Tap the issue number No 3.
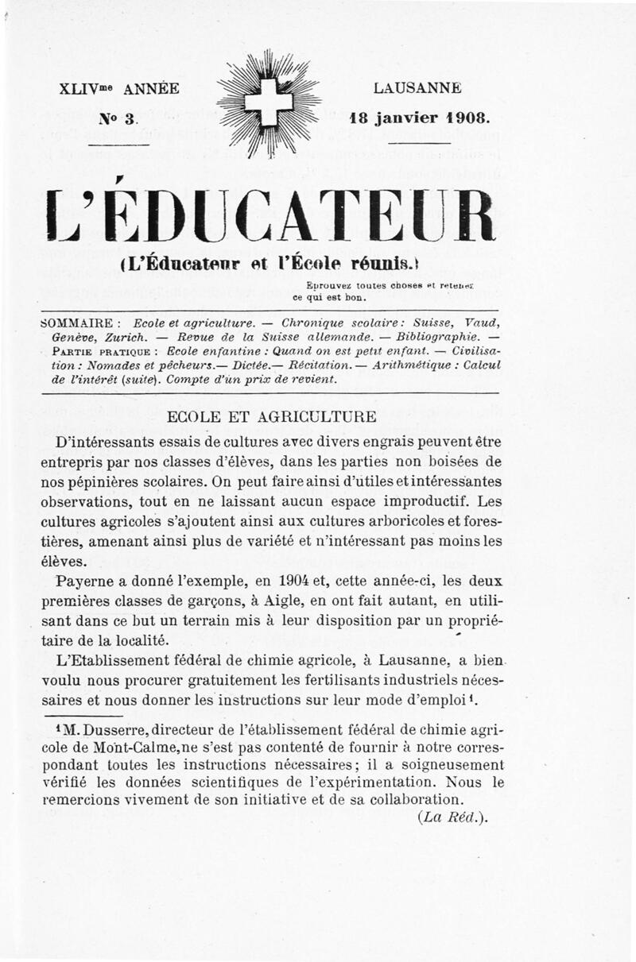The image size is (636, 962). click(x=118, y=119)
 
